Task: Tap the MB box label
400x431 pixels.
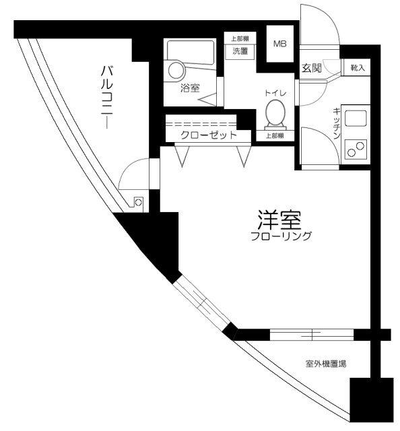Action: [279, 44]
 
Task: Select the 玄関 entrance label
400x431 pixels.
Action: [311, 68]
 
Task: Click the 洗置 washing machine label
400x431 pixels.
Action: [241, 51]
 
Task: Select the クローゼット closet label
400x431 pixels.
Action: [208, 135]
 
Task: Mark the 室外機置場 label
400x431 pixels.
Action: [326, 364]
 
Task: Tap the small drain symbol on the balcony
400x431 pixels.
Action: [139, 201]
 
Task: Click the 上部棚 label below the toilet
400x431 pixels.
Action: [274, 135]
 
